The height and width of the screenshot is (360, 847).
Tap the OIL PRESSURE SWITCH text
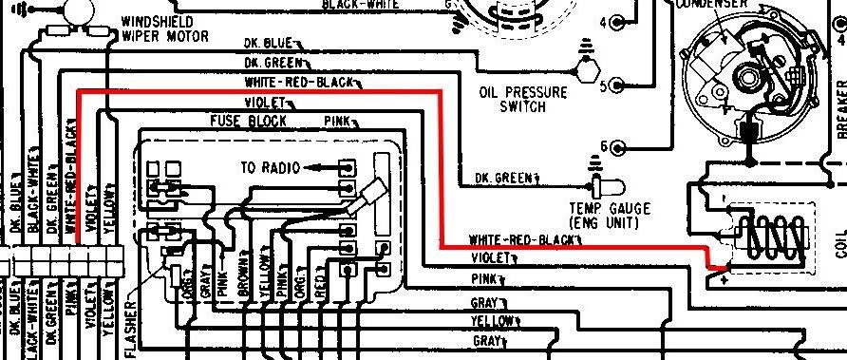(522, 100)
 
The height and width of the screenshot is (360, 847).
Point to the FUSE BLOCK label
(248, 121)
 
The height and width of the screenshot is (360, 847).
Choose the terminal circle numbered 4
(620, 22)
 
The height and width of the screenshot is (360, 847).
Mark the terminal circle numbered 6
(620, 147)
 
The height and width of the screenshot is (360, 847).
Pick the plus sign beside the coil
(725, 279)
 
